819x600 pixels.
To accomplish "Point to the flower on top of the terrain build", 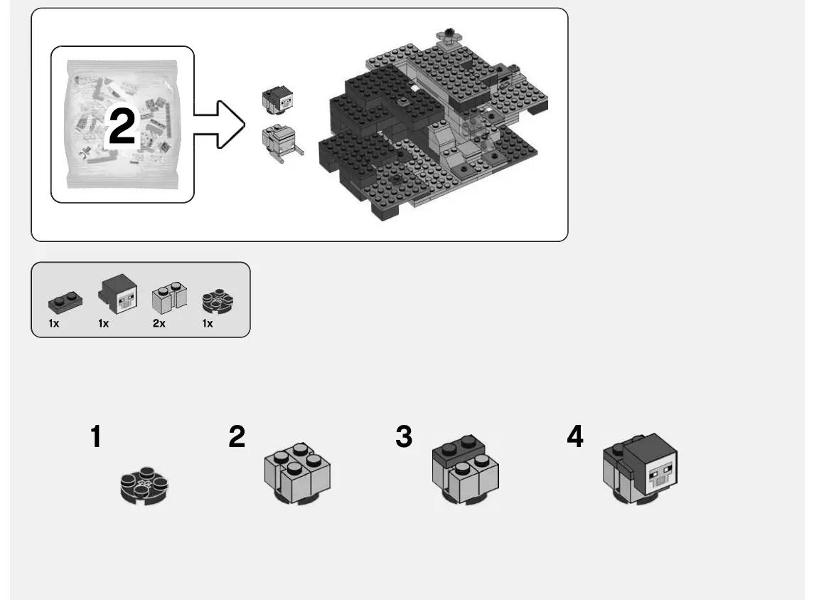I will (x=449, y=34).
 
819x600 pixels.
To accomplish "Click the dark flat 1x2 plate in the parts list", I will (x=62, y=301).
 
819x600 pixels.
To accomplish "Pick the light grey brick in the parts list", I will (x=169, y=296).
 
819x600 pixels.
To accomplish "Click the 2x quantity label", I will (x=159, y=324).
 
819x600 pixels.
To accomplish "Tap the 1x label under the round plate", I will (x=208, y=324).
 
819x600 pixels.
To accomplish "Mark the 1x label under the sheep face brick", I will (x=104, y=324).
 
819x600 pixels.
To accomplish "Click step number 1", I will (x=95, y=437).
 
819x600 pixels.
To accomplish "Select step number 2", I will (x=237, y=437).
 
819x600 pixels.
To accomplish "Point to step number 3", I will (x=404, y=437).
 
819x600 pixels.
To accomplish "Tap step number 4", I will (x=575, y=437).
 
